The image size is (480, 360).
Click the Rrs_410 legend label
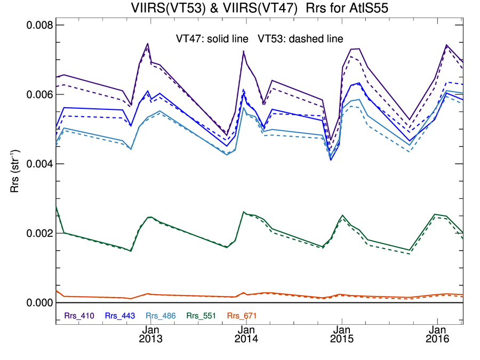[79, 316]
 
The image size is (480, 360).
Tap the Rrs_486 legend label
[161, 316]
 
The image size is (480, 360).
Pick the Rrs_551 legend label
[201, 316]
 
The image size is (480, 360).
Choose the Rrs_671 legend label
[242, 316]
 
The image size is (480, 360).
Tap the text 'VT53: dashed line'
[301, 39]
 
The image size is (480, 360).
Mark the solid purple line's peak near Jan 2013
[148, 44]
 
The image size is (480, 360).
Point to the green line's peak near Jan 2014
[244, 212]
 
